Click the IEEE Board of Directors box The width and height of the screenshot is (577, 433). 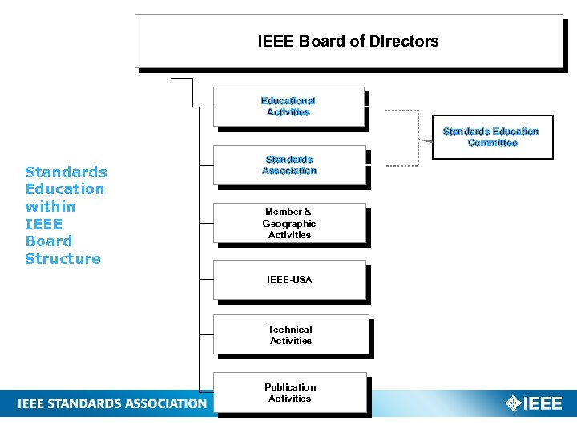pyautogui.click(x=349, y=41)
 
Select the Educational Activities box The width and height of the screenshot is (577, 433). pyautogui.click(x=288, y=107)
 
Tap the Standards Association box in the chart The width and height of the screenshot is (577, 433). pyautogui.click(x=289, y=165)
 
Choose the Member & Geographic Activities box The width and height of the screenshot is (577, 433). pyautogui.click(x=289, y=223)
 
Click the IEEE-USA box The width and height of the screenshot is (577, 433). pyautogui.click(x=289, y=280)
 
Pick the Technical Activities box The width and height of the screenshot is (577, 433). pyautogui.click(x=290, y=335)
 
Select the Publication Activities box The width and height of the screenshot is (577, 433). pyautogui.click(x=290, y=392)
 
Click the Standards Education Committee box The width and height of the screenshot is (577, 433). pyautogui.click(x=492, y=137)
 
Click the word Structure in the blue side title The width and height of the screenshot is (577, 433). pyautogui.click(x=63, y=258)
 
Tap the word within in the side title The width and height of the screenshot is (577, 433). pyautogui.click(x=50, y=206)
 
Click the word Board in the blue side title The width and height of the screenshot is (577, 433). pyautogui.click(x=48, y=241)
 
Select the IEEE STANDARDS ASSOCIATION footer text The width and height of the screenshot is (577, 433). pyautogui.click(x=112, y=403)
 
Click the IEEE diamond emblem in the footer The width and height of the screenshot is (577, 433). pyautogui.click(x=513, y=403)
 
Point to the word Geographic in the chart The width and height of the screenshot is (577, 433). pyautogui.click(x=289, y=224)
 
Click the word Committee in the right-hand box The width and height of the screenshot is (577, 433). pyautogui.click(x=492, y=143)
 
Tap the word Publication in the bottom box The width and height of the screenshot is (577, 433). pyautogui.click(x=290, y=386)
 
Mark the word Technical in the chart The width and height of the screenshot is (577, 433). pyautogui.click(x=290, y=330)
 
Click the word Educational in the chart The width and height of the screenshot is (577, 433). pyautogui.click(x=288, y=101)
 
